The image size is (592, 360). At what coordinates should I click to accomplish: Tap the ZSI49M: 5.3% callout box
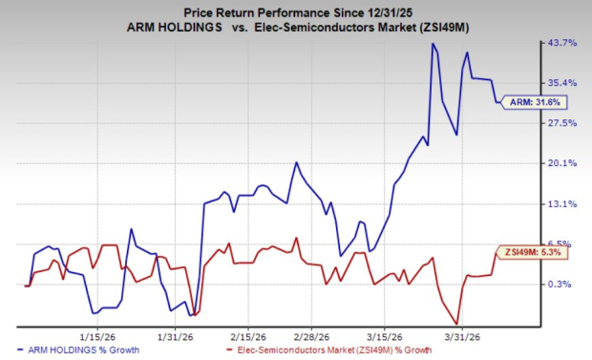524,253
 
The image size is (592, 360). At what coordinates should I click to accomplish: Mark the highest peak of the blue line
433,44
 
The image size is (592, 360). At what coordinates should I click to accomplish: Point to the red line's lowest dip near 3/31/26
457,324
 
